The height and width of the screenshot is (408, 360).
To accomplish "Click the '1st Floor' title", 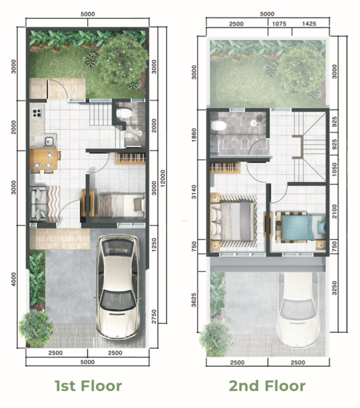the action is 88,385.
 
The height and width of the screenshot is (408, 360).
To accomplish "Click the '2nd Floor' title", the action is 267,385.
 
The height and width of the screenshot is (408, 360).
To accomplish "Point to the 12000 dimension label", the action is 162,178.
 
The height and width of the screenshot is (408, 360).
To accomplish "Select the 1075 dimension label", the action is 279,24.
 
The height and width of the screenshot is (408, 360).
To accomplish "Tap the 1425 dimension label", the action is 309,24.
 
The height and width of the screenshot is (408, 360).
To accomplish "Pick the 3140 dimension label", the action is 194,191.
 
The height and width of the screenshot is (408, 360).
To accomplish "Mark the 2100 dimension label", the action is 334,211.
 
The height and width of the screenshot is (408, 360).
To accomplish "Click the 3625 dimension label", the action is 194,300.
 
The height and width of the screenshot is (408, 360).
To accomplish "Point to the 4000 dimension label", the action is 13,280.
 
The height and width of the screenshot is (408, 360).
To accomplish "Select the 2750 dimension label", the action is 154,317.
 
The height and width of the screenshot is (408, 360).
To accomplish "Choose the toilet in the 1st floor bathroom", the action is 124,113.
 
